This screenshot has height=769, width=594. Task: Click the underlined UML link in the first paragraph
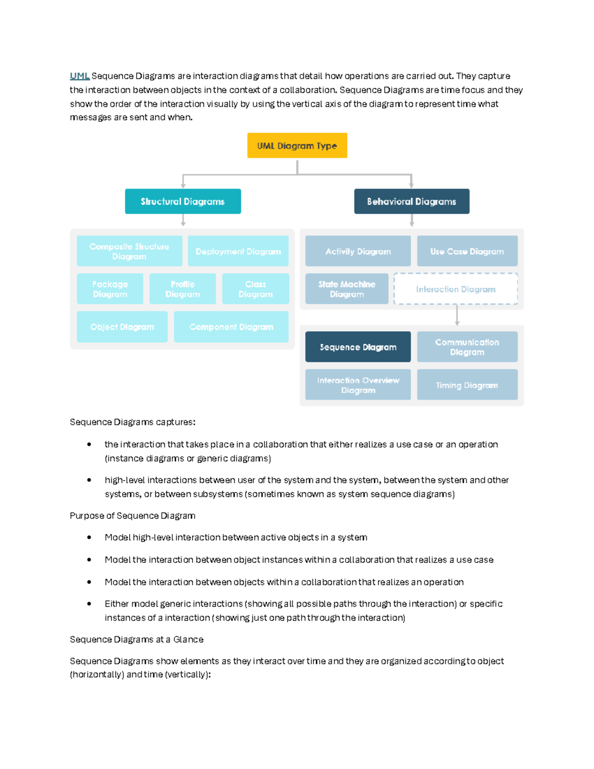79,76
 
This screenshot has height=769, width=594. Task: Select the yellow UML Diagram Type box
297,146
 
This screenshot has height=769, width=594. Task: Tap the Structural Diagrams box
183,202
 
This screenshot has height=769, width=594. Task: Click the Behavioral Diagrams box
411,202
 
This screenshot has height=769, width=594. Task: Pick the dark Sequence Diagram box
358,347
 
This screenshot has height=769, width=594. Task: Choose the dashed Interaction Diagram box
455,289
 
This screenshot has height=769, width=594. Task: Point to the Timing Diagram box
467,385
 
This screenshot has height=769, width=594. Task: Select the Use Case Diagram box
467,252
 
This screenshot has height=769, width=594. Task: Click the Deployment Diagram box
238,252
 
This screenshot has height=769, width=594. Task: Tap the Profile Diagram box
183,289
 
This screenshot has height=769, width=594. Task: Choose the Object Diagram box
122,327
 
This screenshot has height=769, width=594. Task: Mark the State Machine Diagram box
346,289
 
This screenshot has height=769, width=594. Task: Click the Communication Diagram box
467,347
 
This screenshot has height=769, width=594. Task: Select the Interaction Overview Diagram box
358,385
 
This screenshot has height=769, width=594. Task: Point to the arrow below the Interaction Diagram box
457,316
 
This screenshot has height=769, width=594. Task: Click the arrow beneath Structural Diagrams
183,220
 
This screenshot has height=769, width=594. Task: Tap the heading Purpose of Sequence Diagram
132,515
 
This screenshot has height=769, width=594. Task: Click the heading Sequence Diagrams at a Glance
136,639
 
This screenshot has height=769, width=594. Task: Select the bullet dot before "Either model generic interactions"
89,604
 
